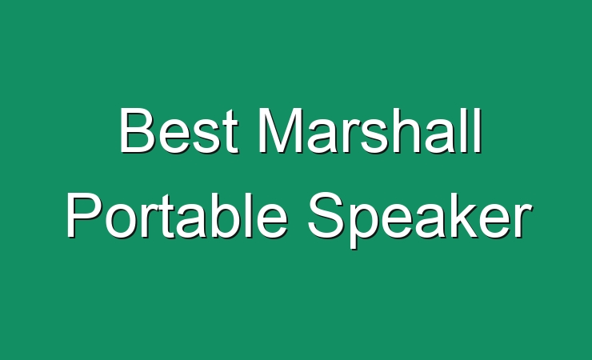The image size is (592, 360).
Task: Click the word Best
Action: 179,130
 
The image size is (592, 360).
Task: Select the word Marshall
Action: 370,130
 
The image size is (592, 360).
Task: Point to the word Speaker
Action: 420,220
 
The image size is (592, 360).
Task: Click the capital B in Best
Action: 138,130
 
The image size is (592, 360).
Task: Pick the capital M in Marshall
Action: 281,130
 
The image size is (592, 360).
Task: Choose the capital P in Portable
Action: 85,215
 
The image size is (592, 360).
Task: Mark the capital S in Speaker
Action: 326,215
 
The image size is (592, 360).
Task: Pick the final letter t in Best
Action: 230,132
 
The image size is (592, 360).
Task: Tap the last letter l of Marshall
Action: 478,130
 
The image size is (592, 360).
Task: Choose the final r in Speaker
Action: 522,221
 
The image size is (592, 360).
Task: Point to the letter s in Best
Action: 207,136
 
